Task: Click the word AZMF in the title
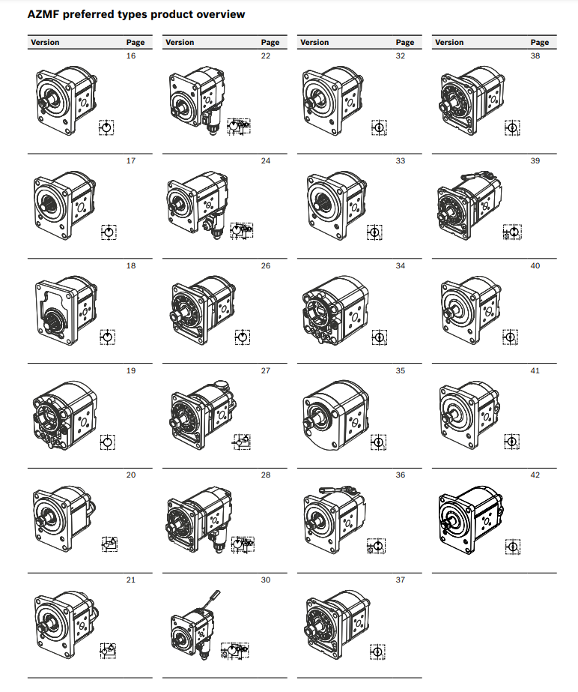[x=43, y=14]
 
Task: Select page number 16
[x=131, y=56]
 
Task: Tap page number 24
[x=265, y=161]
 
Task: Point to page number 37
[x=401, y=580]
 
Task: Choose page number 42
[x=535, y=475]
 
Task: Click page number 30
[x=265, y=580]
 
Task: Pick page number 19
[x=131, y=370]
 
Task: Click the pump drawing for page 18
[x=66, y=310]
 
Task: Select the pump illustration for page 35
[x=336, y=415]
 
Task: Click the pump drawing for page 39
[x=470, y=205]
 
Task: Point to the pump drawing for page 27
[x=203, y=415]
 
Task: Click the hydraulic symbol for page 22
[x=239, y=127]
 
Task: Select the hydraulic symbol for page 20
[x=110, y=544]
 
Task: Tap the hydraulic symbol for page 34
[x=379, y=337]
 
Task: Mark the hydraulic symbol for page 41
[x=512, y=442]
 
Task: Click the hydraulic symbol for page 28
[x=243, y=544]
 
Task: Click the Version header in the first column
[x=45, y=43]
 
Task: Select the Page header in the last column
[x=540, y=43]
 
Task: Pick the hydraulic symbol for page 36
[x=377, y=547]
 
